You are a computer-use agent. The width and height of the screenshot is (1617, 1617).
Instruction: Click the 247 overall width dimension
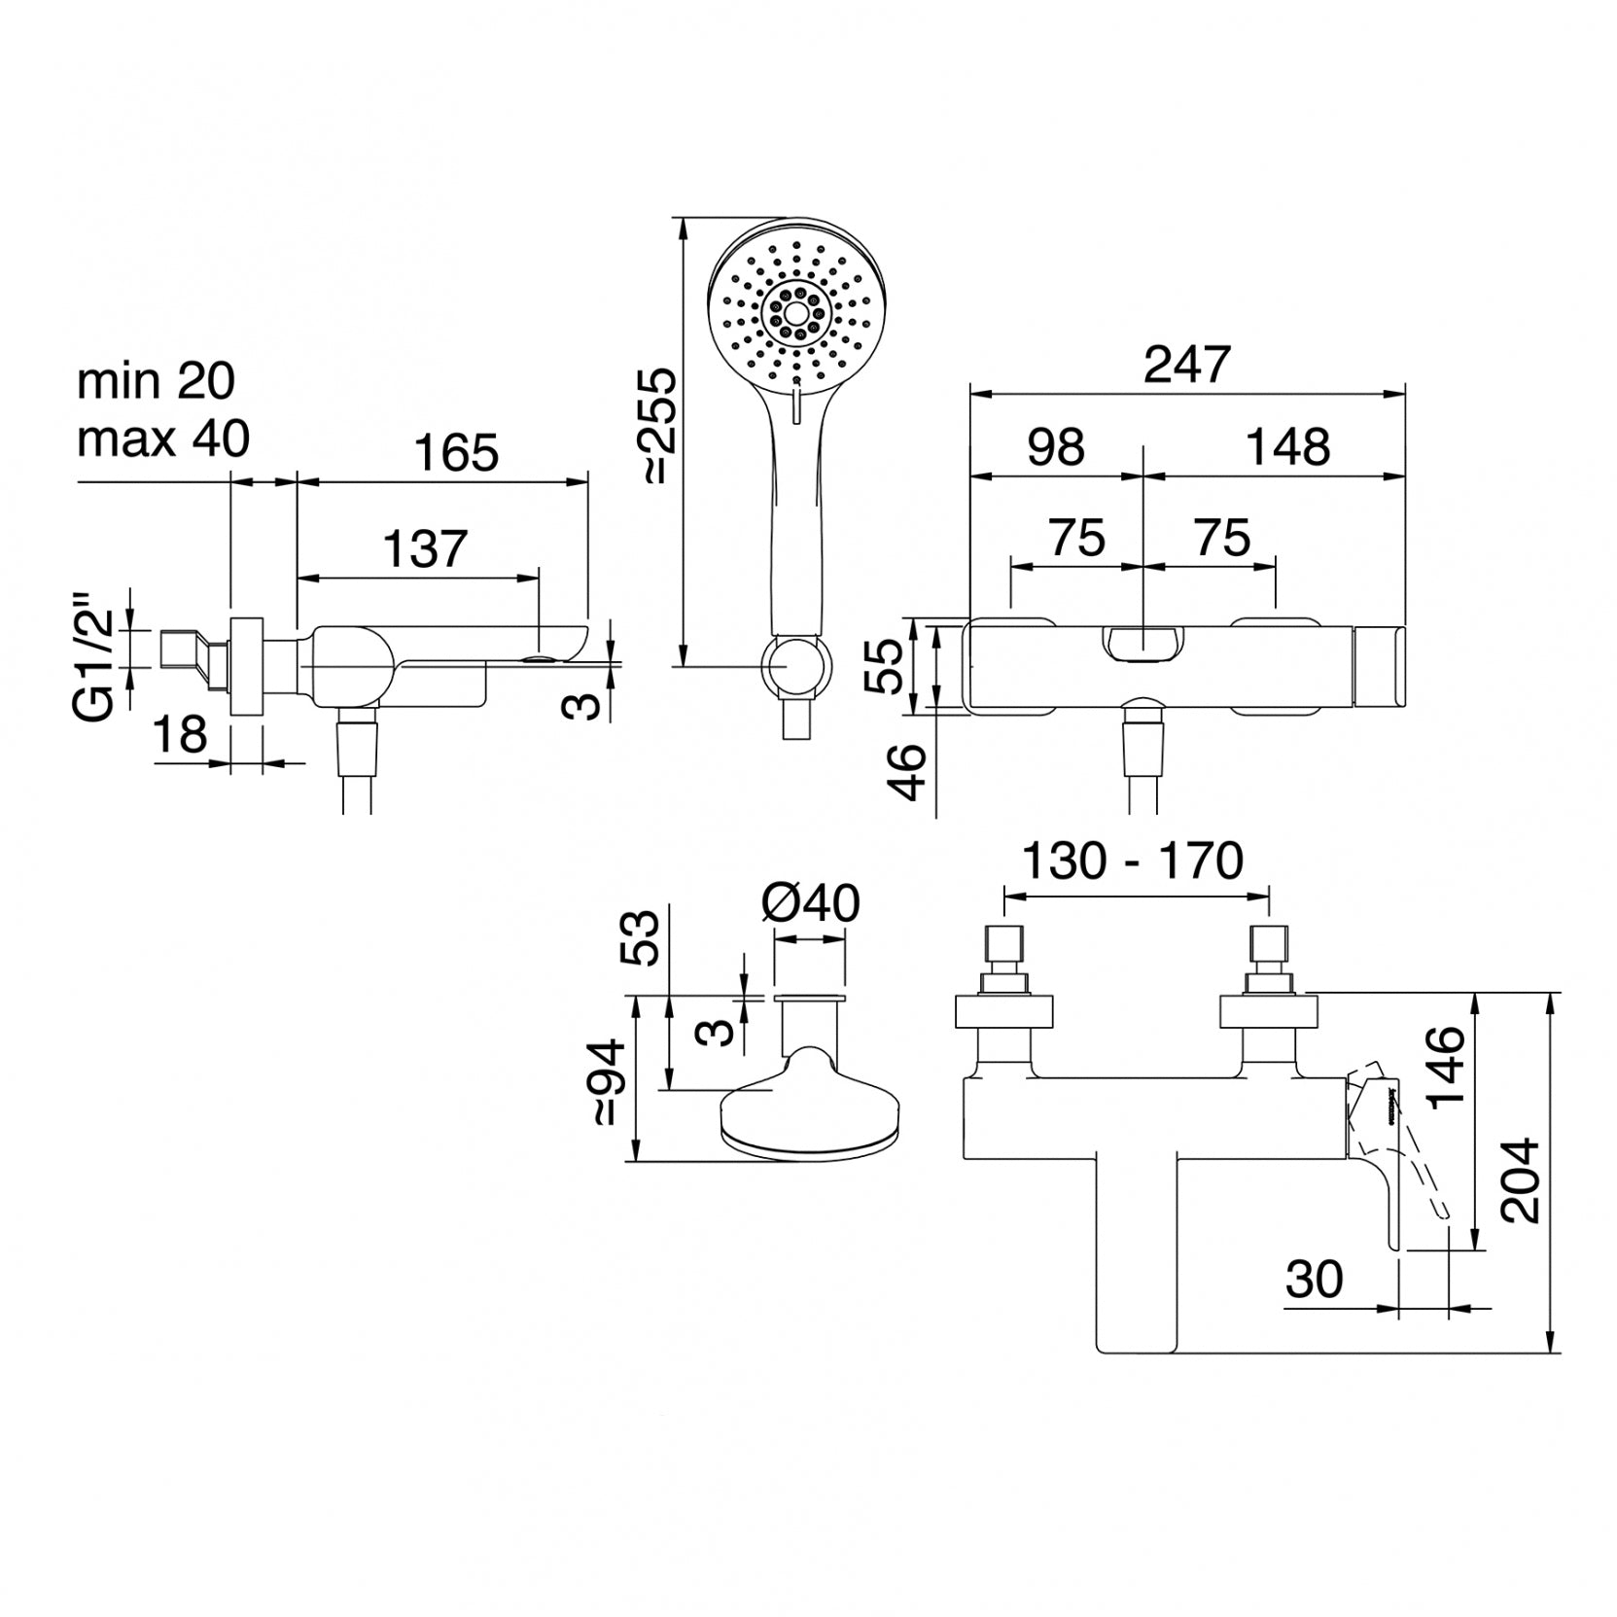[1187, 366]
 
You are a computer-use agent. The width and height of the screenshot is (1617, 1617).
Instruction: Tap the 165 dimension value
[456, 453]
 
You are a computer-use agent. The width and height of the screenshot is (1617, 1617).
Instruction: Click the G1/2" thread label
[98, 665]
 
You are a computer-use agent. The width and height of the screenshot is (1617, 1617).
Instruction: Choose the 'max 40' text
[163, 439]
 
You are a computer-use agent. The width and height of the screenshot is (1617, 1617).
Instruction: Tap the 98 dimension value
[1056, 447]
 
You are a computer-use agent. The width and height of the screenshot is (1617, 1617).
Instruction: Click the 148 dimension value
[1288, 447]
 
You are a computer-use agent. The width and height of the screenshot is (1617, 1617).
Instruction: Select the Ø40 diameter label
[811, 904]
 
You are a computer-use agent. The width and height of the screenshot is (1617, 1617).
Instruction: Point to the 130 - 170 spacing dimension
[1133, 861]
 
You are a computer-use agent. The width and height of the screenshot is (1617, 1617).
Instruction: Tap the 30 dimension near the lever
[1315, 1280]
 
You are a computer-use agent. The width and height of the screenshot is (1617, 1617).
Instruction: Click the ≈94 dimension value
[609, 1082]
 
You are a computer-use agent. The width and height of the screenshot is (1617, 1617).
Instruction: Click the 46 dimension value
[908, 771]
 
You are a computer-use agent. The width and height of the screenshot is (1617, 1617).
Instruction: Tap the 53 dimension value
[644, 937]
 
